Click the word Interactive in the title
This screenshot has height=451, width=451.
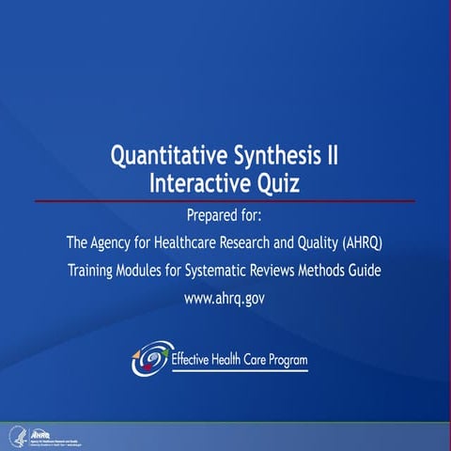194,182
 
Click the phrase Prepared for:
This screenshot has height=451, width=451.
225,215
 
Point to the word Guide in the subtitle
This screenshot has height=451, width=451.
364,272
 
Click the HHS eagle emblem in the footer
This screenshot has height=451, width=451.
16,435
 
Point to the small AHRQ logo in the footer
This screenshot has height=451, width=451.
42,433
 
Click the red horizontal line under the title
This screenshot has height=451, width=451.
225,201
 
